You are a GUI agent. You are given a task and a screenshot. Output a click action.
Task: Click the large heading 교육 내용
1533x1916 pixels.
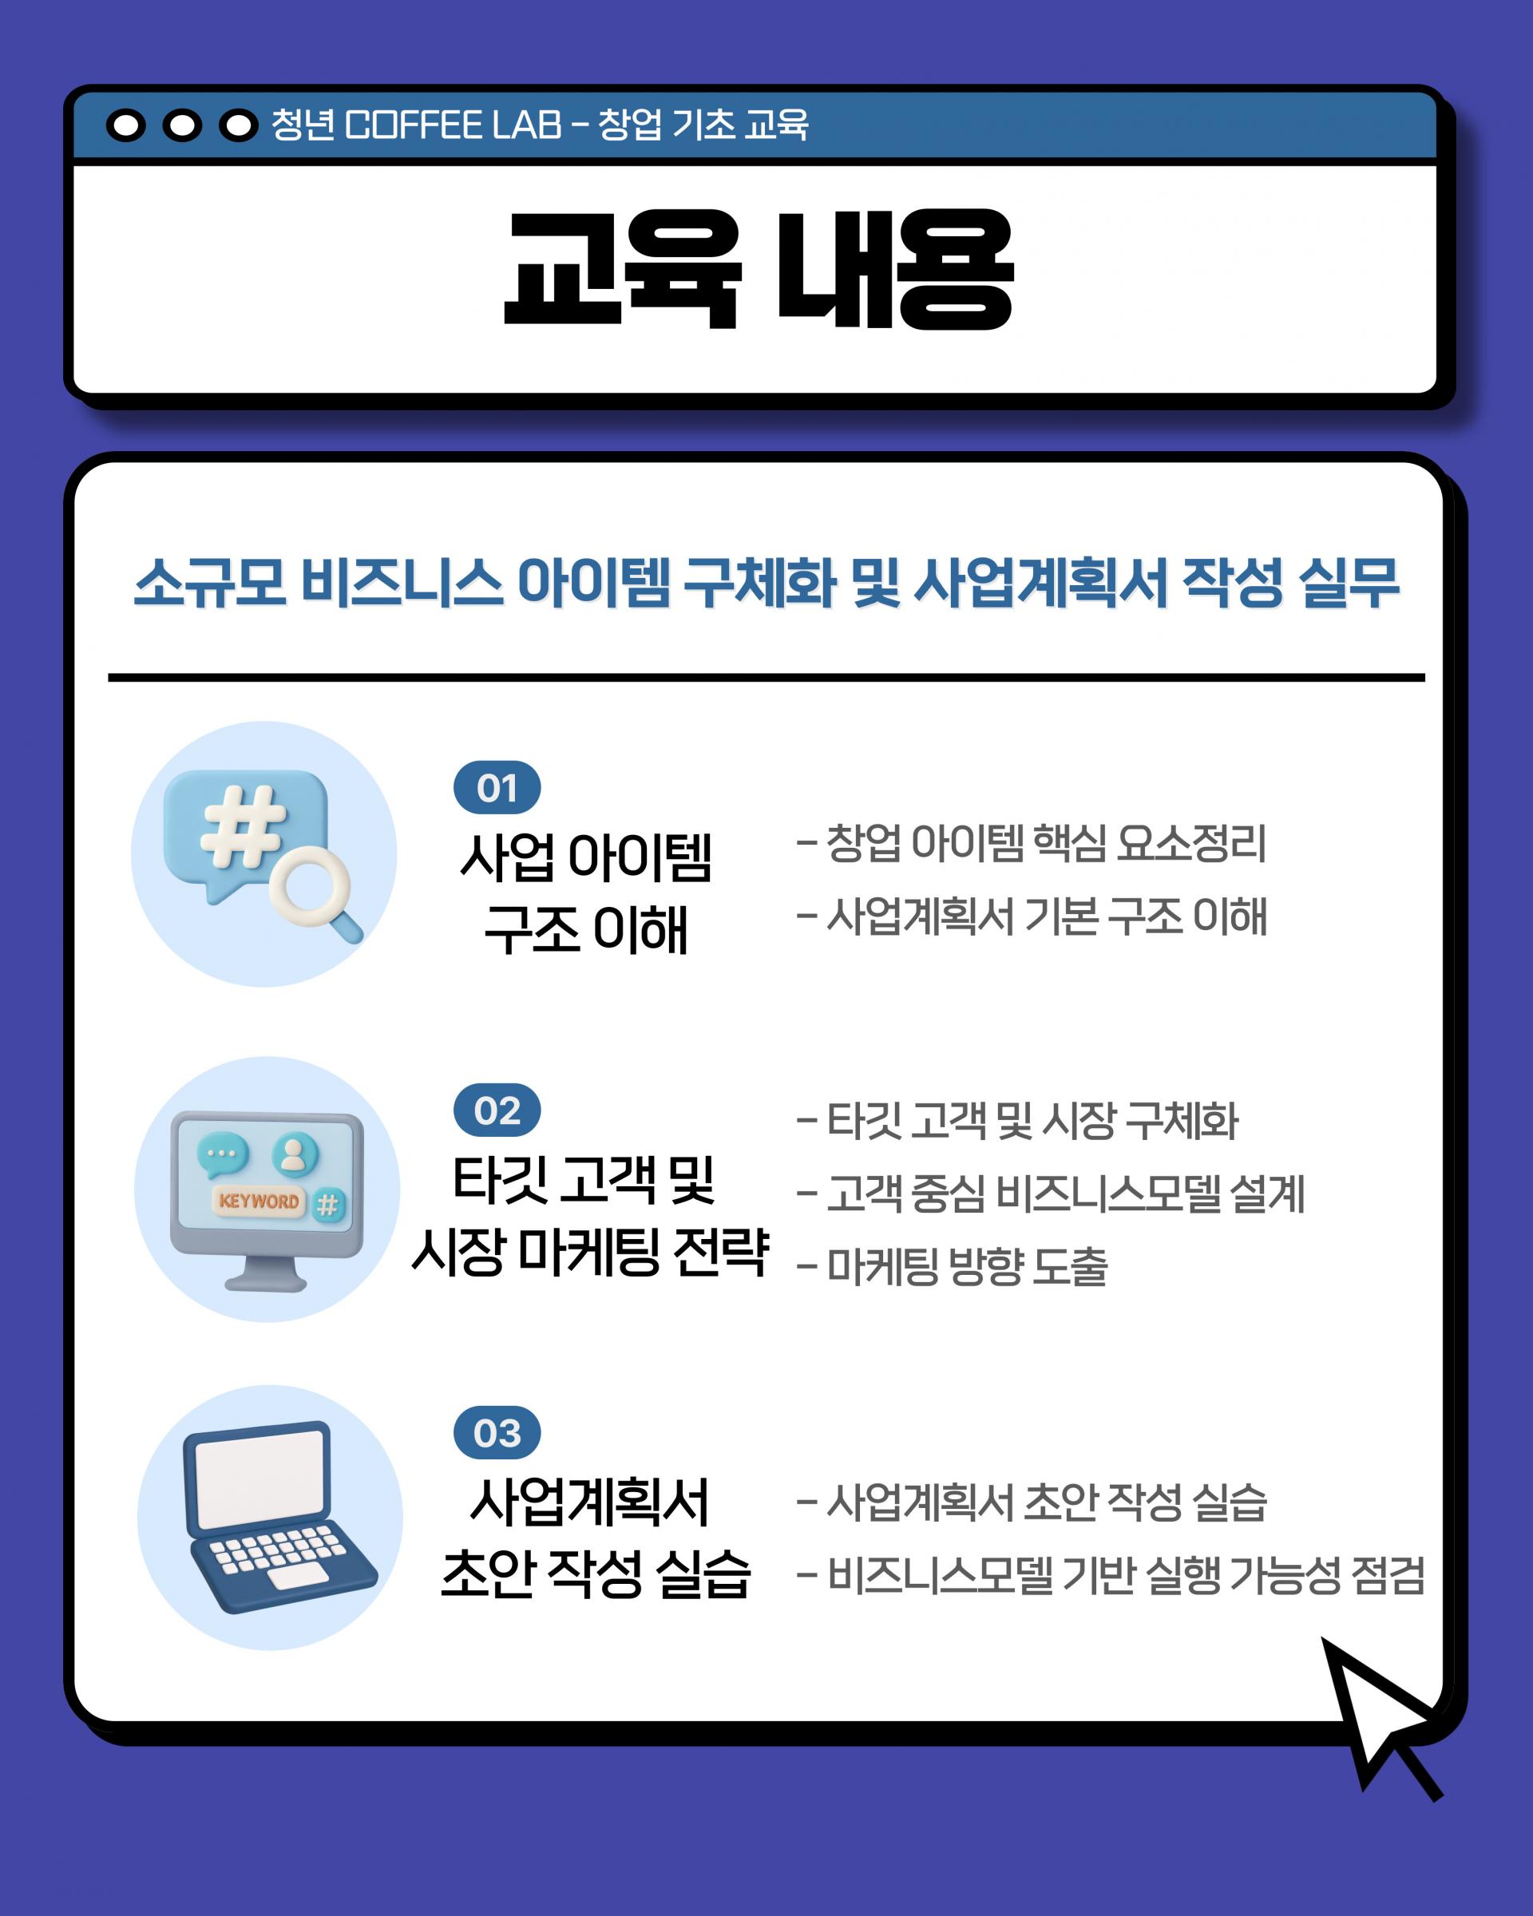tap(759, 268)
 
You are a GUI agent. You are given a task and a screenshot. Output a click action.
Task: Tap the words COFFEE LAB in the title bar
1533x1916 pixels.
tap(454, 125)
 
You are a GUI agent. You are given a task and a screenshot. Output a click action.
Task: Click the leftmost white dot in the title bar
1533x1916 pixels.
tap(126, 126)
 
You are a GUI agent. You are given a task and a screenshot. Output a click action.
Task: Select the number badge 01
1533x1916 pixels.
tap(497, 787)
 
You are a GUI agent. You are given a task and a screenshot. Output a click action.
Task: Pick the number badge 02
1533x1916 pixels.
tap(497, 1110)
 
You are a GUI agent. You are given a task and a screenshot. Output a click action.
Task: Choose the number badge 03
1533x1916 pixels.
tap(497, 1432)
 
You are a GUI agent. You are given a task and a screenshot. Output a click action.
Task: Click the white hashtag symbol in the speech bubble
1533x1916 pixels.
tap(243, 826)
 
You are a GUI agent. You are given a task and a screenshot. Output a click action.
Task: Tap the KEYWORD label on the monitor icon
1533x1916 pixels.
tap(259, 1201)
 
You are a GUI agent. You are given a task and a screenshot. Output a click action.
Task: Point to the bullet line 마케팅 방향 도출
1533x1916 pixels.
tap(953, 1266)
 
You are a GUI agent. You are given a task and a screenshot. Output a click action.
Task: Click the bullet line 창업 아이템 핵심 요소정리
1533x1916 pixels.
tap(1032, 843)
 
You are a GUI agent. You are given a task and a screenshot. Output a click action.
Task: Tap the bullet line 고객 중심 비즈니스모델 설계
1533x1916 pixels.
tap(1052, 1194)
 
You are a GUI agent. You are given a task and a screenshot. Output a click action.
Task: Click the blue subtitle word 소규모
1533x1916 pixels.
tap(211, 584)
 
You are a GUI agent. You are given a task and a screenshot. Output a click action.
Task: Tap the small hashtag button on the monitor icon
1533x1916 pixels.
tap(328, 1205)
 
